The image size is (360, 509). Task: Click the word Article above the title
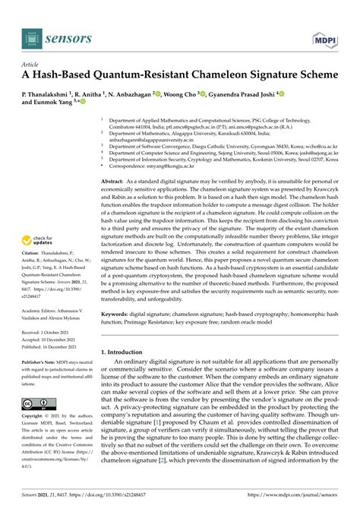click(x=32, y=65)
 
